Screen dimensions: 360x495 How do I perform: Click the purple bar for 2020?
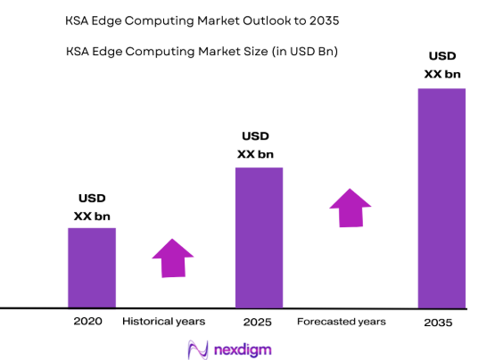[x=92, y=267]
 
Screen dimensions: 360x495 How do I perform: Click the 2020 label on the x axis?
[x=89, y=321]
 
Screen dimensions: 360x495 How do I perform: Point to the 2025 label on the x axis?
[x=257, y=321]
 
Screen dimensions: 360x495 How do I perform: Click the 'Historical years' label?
[x=163, y=321]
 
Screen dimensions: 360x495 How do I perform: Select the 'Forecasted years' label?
[x=342, y=321]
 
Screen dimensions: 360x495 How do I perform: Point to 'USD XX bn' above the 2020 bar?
[x=92, y=208]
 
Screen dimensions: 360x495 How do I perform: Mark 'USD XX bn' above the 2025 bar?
[x=256, y=145]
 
